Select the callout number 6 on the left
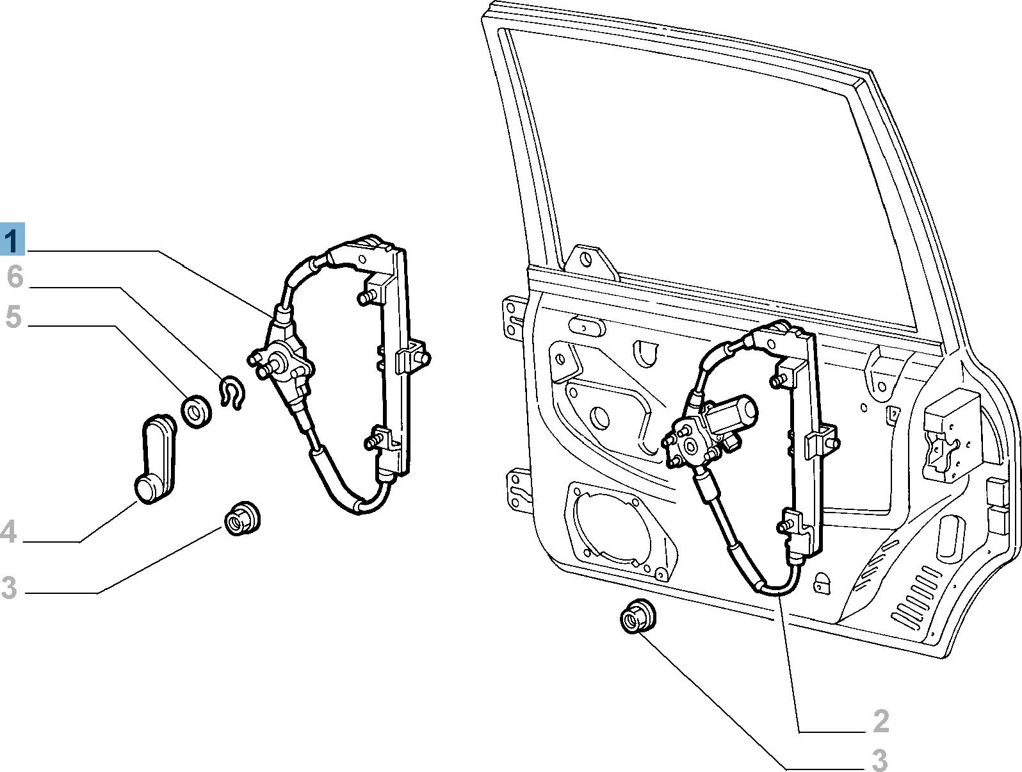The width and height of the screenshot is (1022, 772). point(15,277)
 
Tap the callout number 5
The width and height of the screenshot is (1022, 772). point(13,316)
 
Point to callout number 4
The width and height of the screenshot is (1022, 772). point(8,531)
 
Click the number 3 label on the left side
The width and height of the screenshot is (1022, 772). point(8,587)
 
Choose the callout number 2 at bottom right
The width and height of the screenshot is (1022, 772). point(881,721)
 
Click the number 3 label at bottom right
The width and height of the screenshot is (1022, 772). point(880,760)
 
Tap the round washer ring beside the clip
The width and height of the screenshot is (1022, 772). point(197,412)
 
